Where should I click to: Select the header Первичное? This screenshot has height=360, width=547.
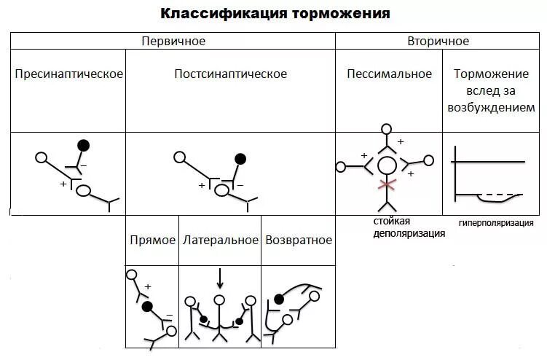point(173,41)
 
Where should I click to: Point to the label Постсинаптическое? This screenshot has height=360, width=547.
point(230,74)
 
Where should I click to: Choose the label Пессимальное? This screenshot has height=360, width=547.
point(389,74)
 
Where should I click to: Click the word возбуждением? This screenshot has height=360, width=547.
point(495,107)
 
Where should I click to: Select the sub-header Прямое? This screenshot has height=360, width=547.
point(152,240)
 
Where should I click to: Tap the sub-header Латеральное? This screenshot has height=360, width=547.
point(221,240)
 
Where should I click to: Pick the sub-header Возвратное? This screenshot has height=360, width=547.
point(299,240)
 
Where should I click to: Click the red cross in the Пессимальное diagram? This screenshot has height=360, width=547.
point(386,183)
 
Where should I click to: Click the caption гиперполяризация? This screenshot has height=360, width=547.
point(496,223)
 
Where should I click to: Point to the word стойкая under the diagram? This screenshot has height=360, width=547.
point(393,221)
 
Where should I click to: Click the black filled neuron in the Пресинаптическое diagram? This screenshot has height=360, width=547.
point(84,145)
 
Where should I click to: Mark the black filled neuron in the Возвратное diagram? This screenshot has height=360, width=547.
point(278,298)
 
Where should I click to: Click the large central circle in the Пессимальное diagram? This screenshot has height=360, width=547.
point(386,165)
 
